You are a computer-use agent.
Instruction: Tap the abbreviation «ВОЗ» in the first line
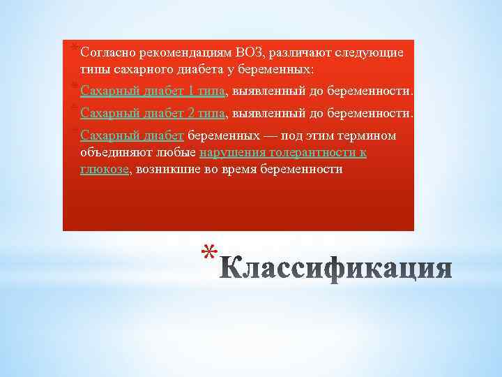tap(250, 52)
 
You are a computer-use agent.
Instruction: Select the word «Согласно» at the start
tap(108, 52)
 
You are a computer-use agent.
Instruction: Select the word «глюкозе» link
tap(105, 169)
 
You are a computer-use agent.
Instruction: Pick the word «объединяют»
tap(112, 152)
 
